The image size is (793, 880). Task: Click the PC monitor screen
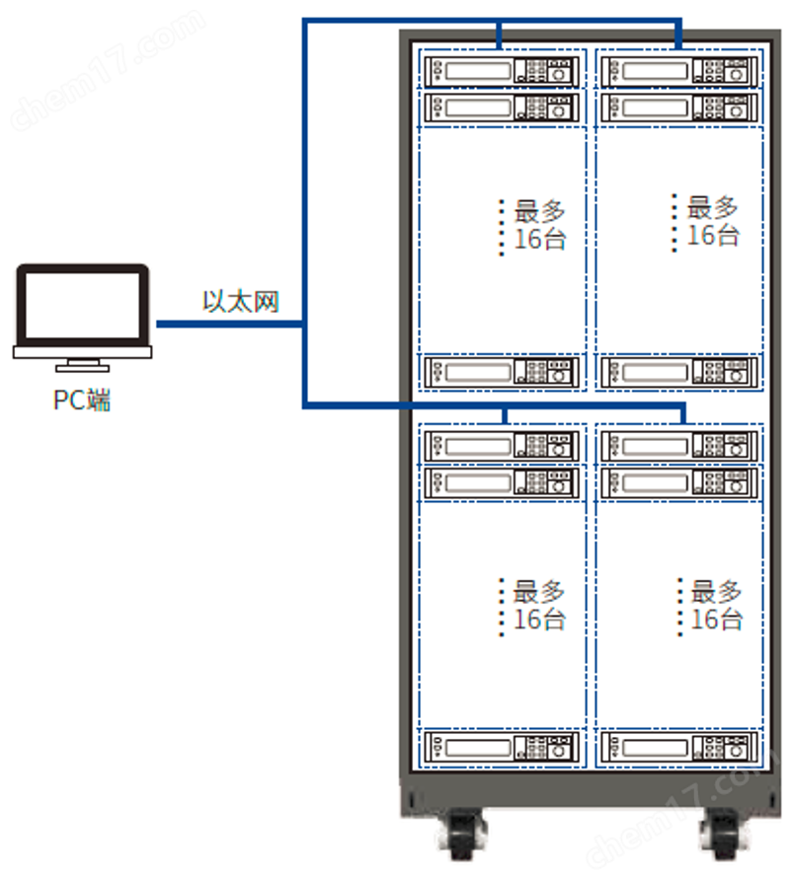83,304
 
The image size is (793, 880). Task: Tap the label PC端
83,401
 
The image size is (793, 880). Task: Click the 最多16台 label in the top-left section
540,225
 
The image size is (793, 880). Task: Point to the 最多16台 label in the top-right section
713,221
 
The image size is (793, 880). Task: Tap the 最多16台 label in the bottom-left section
539,606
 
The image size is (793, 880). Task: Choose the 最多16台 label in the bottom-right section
716,606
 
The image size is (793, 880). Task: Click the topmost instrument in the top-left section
501,71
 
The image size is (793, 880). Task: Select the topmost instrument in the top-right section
678,71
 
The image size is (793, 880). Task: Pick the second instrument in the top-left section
501,107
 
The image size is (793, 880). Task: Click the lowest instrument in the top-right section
678,371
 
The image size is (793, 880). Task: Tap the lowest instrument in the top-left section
501,371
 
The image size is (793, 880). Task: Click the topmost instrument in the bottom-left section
501,447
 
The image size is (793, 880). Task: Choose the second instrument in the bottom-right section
678,482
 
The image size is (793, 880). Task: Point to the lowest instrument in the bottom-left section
501,746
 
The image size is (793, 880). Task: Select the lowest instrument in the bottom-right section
678,746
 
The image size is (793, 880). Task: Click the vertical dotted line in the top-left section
502,227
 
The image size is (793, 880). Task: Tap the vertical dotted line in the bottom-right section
680,606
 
